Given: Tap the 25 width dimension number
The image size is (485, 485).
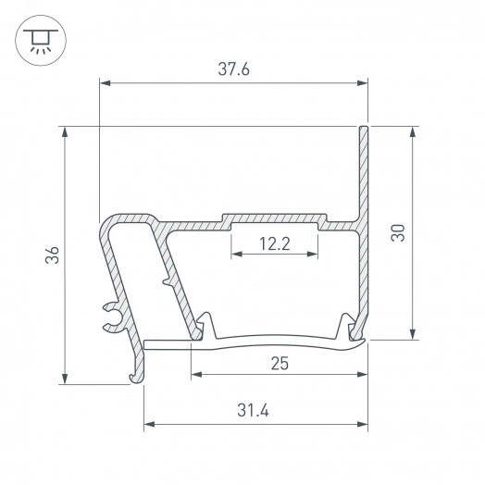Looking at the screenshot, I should point(279,363).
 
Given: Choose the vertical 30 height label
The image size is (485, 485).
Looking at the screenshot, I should point(398,232).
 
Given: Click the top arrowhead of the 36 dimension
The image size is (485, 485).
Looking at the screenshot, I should point(65,132).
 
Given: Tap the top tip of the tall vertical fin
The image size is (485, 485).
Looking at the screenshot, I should point(365,128).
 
